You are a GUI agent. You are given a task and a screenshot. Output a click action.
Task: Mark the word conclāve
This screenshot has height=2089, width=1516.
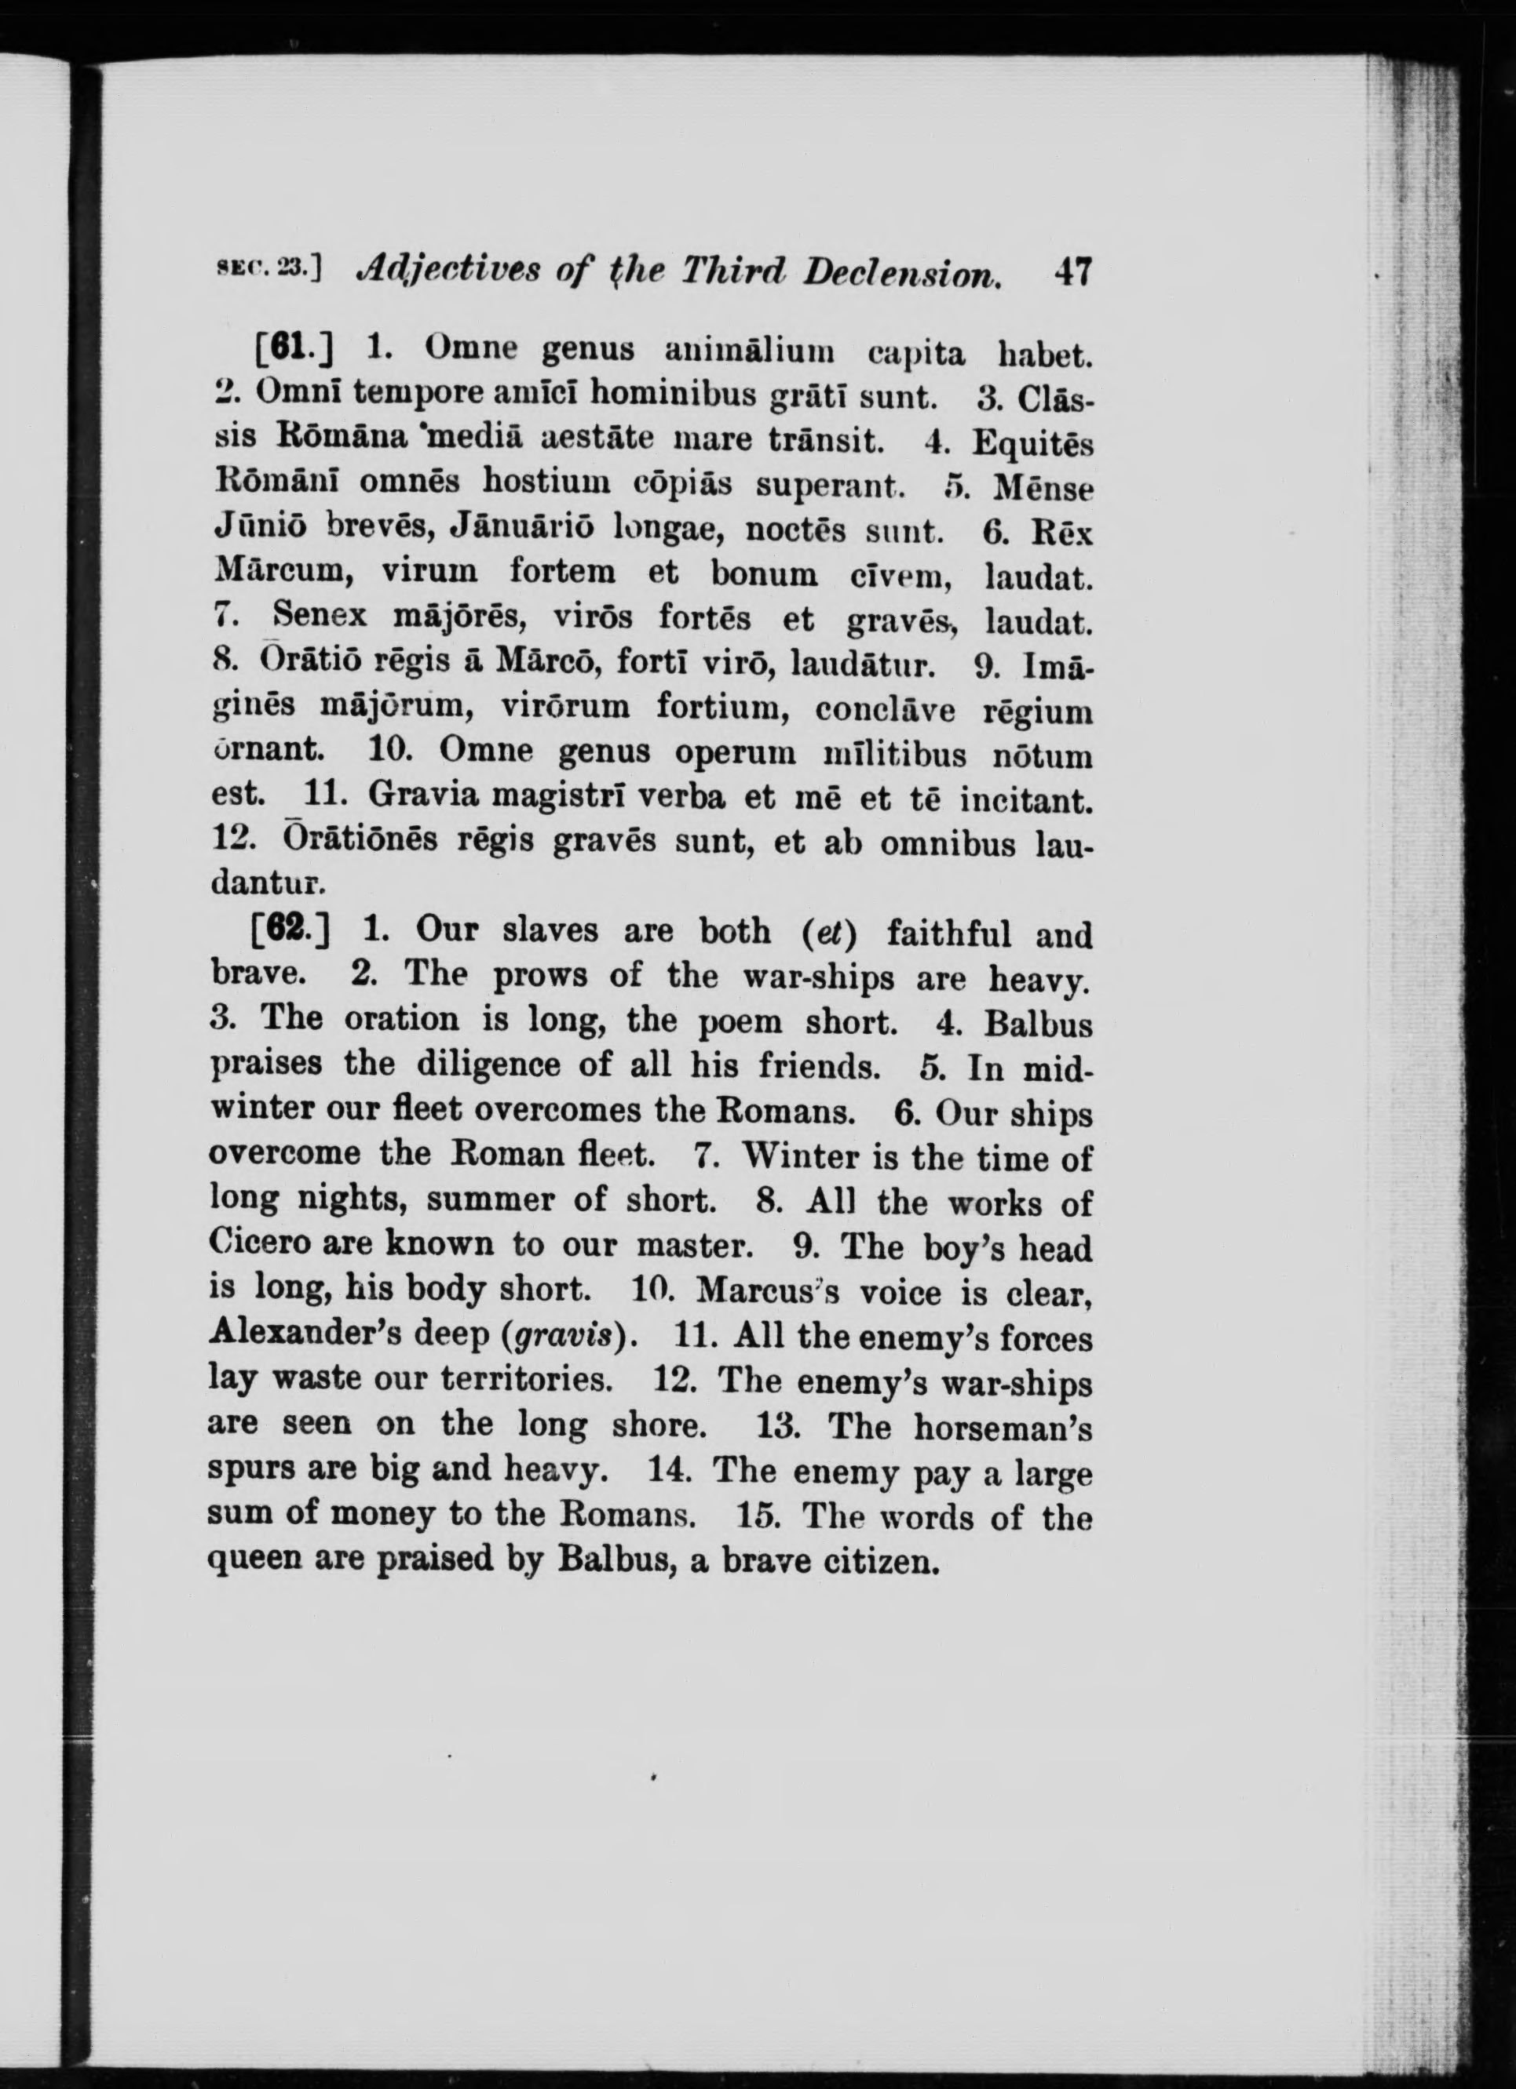click(x=885, y=709)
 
